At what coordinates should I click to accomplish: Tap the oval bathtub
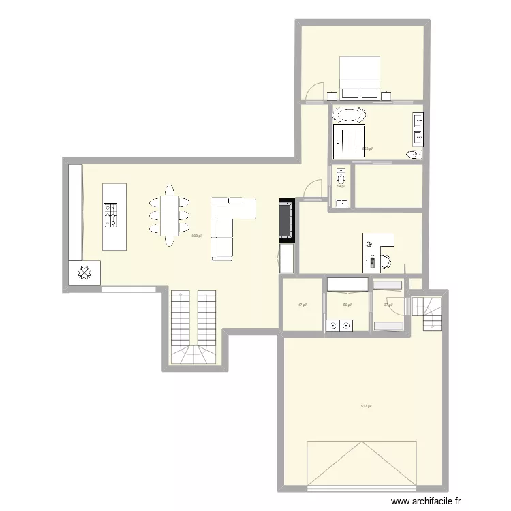[349, 114]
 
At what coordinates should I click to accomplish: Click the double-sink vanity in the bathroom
[418, 130]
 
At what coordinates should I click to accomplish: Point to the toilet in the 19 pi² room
[340, 178]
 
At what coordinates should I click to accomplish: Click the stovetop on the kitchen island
[111, 215]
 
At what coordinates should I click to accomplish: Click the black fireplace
[285, 220]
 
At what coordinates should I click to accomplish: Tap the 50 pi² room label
[347, 305]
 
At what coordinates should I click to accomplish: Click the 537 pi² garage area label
[366, 406]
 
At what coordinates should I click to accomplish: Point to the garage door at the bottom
[361, 465]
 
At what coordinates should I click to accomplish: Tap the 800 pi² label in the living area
[197, 236]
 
